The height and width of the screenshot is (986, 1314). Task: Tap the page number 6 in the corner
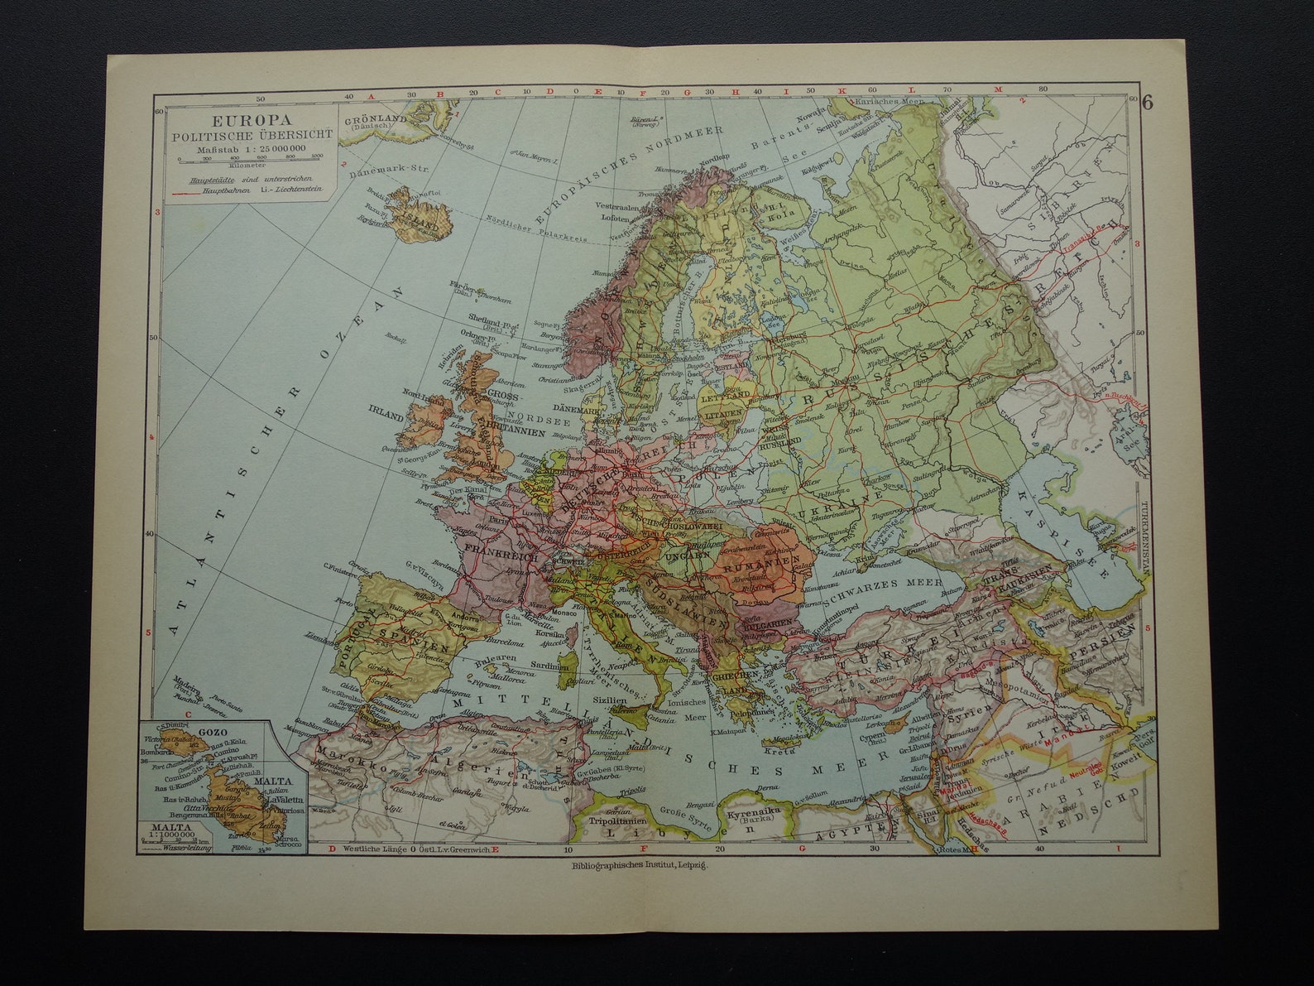pos(1148,103)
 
